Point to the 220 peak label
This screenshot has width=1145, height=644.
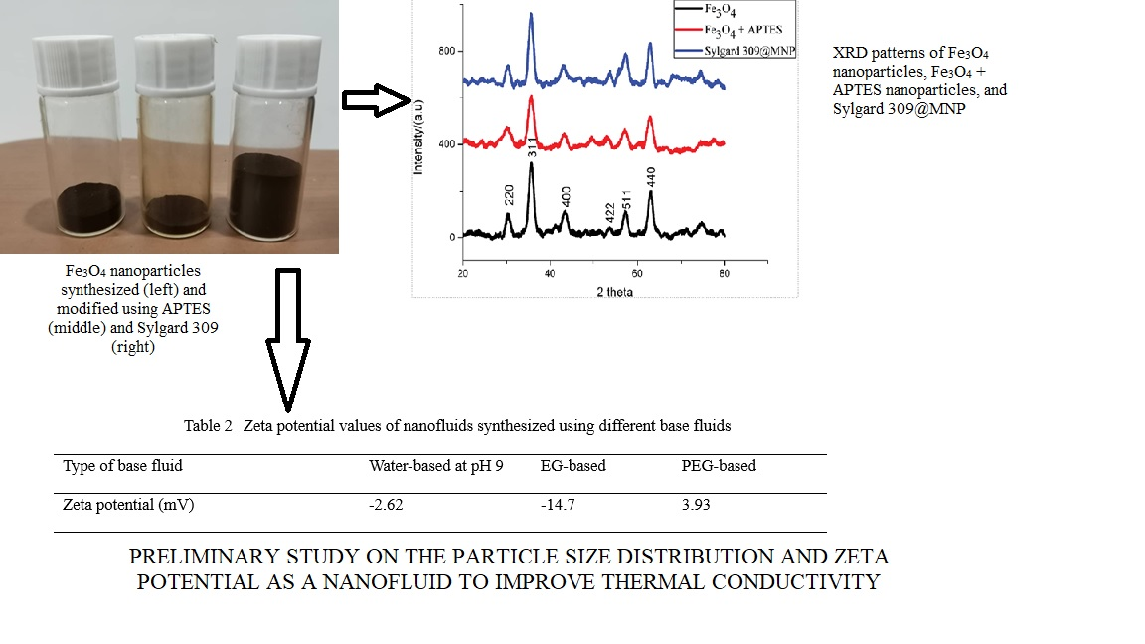(508, 194)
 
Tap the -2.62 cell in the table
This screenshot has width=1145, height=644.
(386, 505)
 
